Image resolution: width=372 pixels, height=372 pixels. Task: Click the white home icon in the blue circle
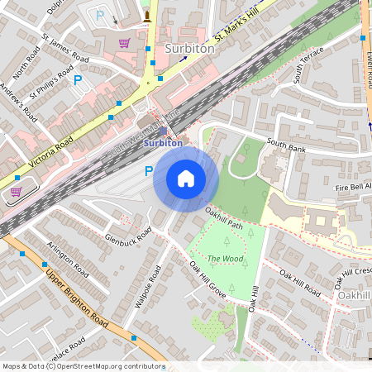[186, 179]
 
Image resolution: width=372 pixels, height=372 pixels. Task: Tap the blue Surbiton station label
[163, 143]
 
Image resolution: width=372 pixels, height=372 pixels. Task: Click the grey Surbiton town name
[189, 49]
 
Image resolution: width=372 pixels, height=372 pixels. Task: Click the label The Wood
[225, 259]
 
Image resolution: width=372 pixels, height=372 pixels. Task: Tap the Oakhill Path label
[225, 222]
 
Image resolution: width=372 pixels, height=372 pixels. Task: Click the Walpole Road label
[148, 288]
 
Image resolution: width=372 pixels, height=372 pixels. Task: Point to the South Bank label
[286, 147]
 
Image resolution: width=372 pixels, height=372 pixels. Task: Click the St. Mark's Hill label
[237, 28]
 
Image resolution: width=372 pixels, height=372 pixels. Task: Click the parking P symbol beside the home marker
[149, 171]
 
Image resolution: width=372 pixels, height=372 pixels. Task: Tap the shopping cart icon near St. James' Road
[124, 43]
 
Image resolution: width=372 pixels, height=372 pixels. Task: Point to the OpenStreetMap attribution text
[83, 366]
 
